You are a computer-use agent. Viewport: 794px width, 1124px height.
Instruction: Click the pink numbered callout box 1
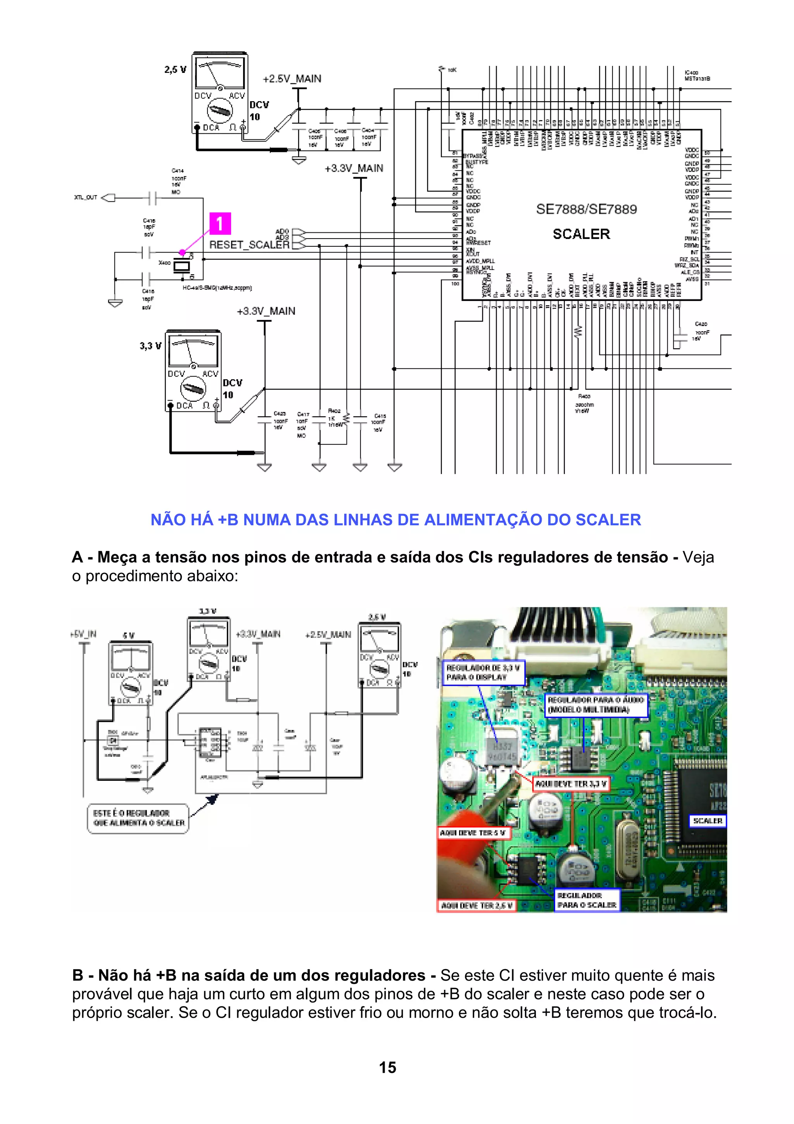(x=220, y=224)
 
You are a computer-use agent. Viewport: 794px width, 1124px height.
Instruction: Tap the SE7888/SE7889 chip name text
(x=586, y=209)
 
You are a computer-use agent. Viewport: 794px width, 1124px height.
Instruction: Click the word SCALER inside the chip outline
(x=581, y=234)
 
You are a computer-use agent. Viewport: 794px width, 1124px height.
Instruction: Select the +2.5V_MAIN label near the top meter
(x=292, y=79)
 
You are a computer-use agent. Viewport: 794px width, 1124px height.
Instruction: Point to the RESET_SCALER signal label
(x=249, y=245)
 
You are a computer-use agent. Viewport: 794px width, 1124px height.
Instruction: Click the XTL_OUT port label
(x=86, y=197)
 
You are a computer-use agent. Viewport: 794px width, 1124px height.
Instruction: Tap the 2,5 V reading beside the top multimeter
(x=175, y=70)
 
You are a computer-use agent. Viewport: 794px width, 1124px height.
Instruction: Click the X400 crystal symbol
(x=181, y=266)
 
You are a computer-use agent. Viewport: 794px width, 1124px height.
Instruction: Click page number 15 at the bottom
(x=387, y=1067)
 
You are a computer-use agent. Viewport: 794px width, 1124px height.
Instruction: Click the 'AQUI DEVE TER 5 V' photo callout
(x=473, y=833)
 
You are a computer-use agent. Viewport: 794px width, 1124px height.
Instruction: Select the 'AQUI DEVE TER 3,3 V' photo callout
(x=570, y=784)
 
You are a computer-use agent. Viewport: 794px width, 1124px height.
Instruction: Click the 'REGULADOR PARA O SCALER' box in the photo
(x=587, y=900)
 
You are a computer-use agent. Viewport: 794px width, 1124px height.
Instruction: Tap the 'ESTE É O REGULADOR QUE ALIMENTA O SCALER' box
(x=138, y=818)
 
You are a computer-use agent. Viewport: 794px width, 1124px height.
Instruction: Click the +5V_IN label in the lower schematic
(x=84, y=634)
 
